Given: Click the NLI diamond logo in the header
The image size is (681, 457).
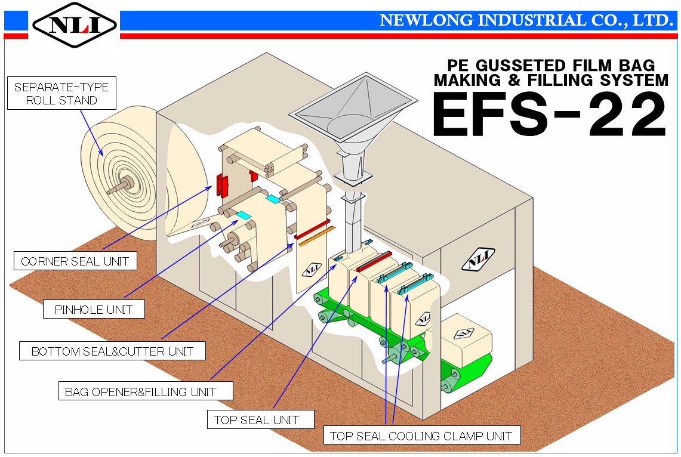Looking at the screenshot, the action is (74, 24).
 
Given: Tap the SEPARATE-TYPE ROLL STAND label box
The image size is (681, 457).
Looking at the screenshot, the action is (61, 93).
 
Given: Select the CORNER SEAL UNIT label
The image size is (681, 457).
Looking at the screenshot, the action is (75, 261).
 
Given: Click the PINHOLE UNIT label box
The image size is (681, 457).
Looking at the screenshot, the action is (94, 309).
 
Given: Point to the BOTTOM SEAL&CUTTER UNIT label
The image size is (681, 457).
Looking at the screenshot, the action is (112, 351).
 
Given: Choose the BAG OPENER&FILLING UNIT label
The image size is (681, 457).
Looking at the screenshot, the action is (146, 391).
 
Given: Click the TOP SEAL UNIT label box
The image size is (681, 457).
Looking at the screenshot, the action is (261, 419).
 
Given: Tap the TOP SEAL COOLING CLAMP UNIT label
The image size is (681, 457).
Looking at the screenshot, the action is (422, 435).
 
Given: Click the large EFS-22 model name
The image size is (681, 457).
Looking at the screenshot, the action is (550, 115).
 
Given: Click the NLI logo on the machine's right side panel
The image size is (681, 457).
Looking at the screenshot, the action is (479, 259).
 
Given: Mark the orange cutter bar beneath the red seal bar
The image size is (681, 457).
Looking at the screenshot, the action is (317, 235).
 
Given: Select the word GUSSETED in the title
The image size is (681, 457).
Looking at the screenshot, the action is (520, 66).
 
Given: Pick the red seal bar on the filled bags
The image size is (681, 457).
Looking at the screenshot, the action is (374, 262).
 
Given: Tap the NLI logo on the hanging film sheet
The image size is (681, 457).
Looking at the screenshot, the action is (312, 270).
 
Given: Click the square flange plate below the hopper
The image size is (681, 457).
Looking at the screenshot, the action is (353, 178).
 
